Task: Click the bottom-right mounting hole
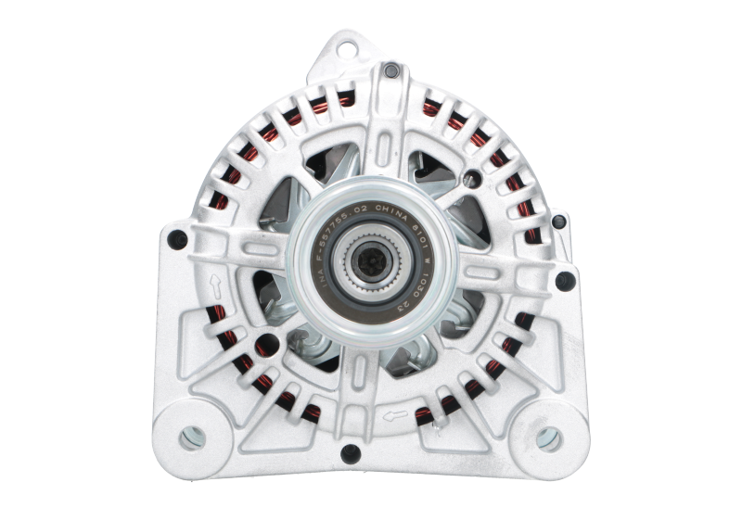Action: pyautogui.click(x=544, y=434)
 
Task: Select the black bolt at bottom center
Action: pyautogui.click(x=350, y=452)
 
